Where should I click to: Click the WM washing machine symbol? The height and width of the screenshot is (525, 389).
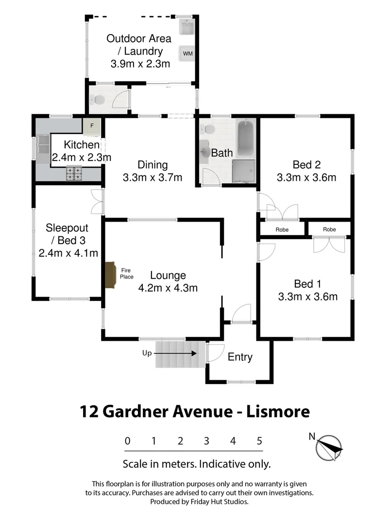pos(187,52)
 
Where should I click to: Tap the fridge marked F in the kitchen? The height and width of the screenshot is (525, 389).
pos(91,126)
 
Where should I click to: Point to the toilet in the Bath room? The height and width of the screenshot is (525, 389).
pos(209,129)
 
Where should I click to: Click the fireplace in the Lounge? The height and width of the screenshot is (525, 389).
pos(111,276)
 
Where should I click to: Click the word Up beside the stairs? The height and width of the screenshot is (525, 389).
pos(147,353)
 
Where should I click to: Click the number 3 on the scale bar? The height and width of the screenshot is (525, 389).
pos(206,441)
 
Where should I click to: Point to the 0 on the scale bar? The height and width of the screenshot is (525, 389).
pos(127,441)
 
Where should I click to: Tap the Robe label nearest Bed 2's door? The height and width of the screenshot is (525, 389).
pos(282,229)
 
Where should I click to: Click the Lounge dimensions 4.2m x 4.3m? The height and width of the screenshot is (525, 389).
pos(168,287)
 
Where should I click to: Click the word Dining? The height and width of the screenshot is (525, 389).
pos(152,165)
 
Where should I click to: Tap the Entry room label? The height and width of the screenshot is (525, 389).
pos(240,357)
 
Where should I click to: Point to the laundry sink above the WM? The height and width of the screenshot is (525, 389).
pos(187,27)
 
